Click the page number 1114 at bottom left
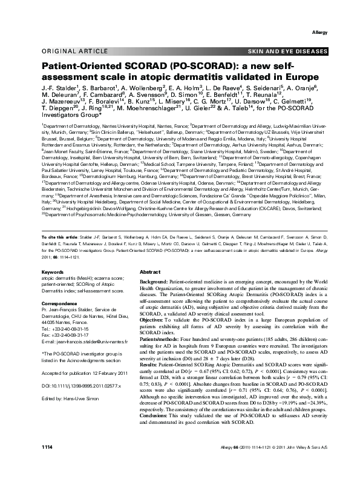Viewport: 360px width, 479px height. click(x=47, y=463)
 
